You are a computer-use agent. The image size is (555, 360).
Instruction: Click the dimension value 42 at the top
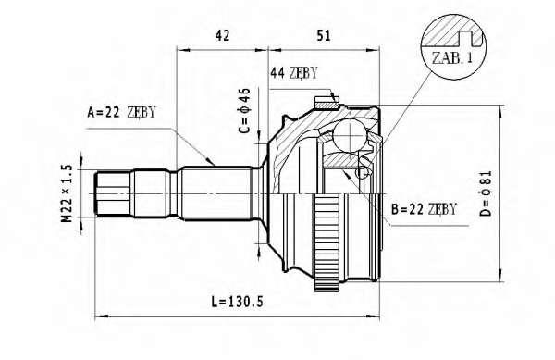[x=222, y=35]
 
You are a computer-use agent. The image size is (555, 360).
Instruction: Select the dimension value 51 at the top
[x=324, y=35]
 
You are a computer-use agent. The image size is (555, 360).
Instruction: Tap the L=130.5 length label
[x=238, y=302]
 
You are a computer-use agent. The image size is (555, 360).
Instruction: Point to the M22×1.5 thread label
[x=67, y=193]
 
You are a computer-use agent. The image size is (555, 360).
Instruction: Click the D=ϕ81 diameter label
[x=487, y=192]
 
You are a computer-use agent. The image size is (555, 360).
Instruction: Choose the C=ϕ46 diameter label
[x=244, y=111]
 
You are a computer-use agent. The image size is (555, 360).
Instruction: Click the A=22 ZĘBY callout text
[x=121, y=112]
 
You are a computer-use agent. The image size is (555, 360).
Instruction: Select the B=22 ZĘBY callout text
[x=424, y=209]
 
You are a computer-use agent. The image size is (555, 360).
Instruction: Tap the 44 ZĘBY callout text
[x=294, y=73]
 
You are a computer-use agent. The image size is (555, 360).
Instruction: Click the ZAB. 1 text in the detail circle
[x=452, y=57]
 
